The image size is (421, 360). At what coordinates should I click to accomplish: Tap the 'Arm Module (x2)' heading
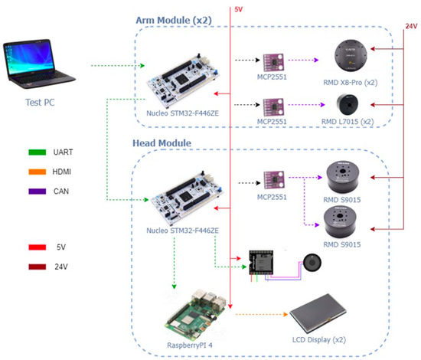[x=176, y=18]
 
